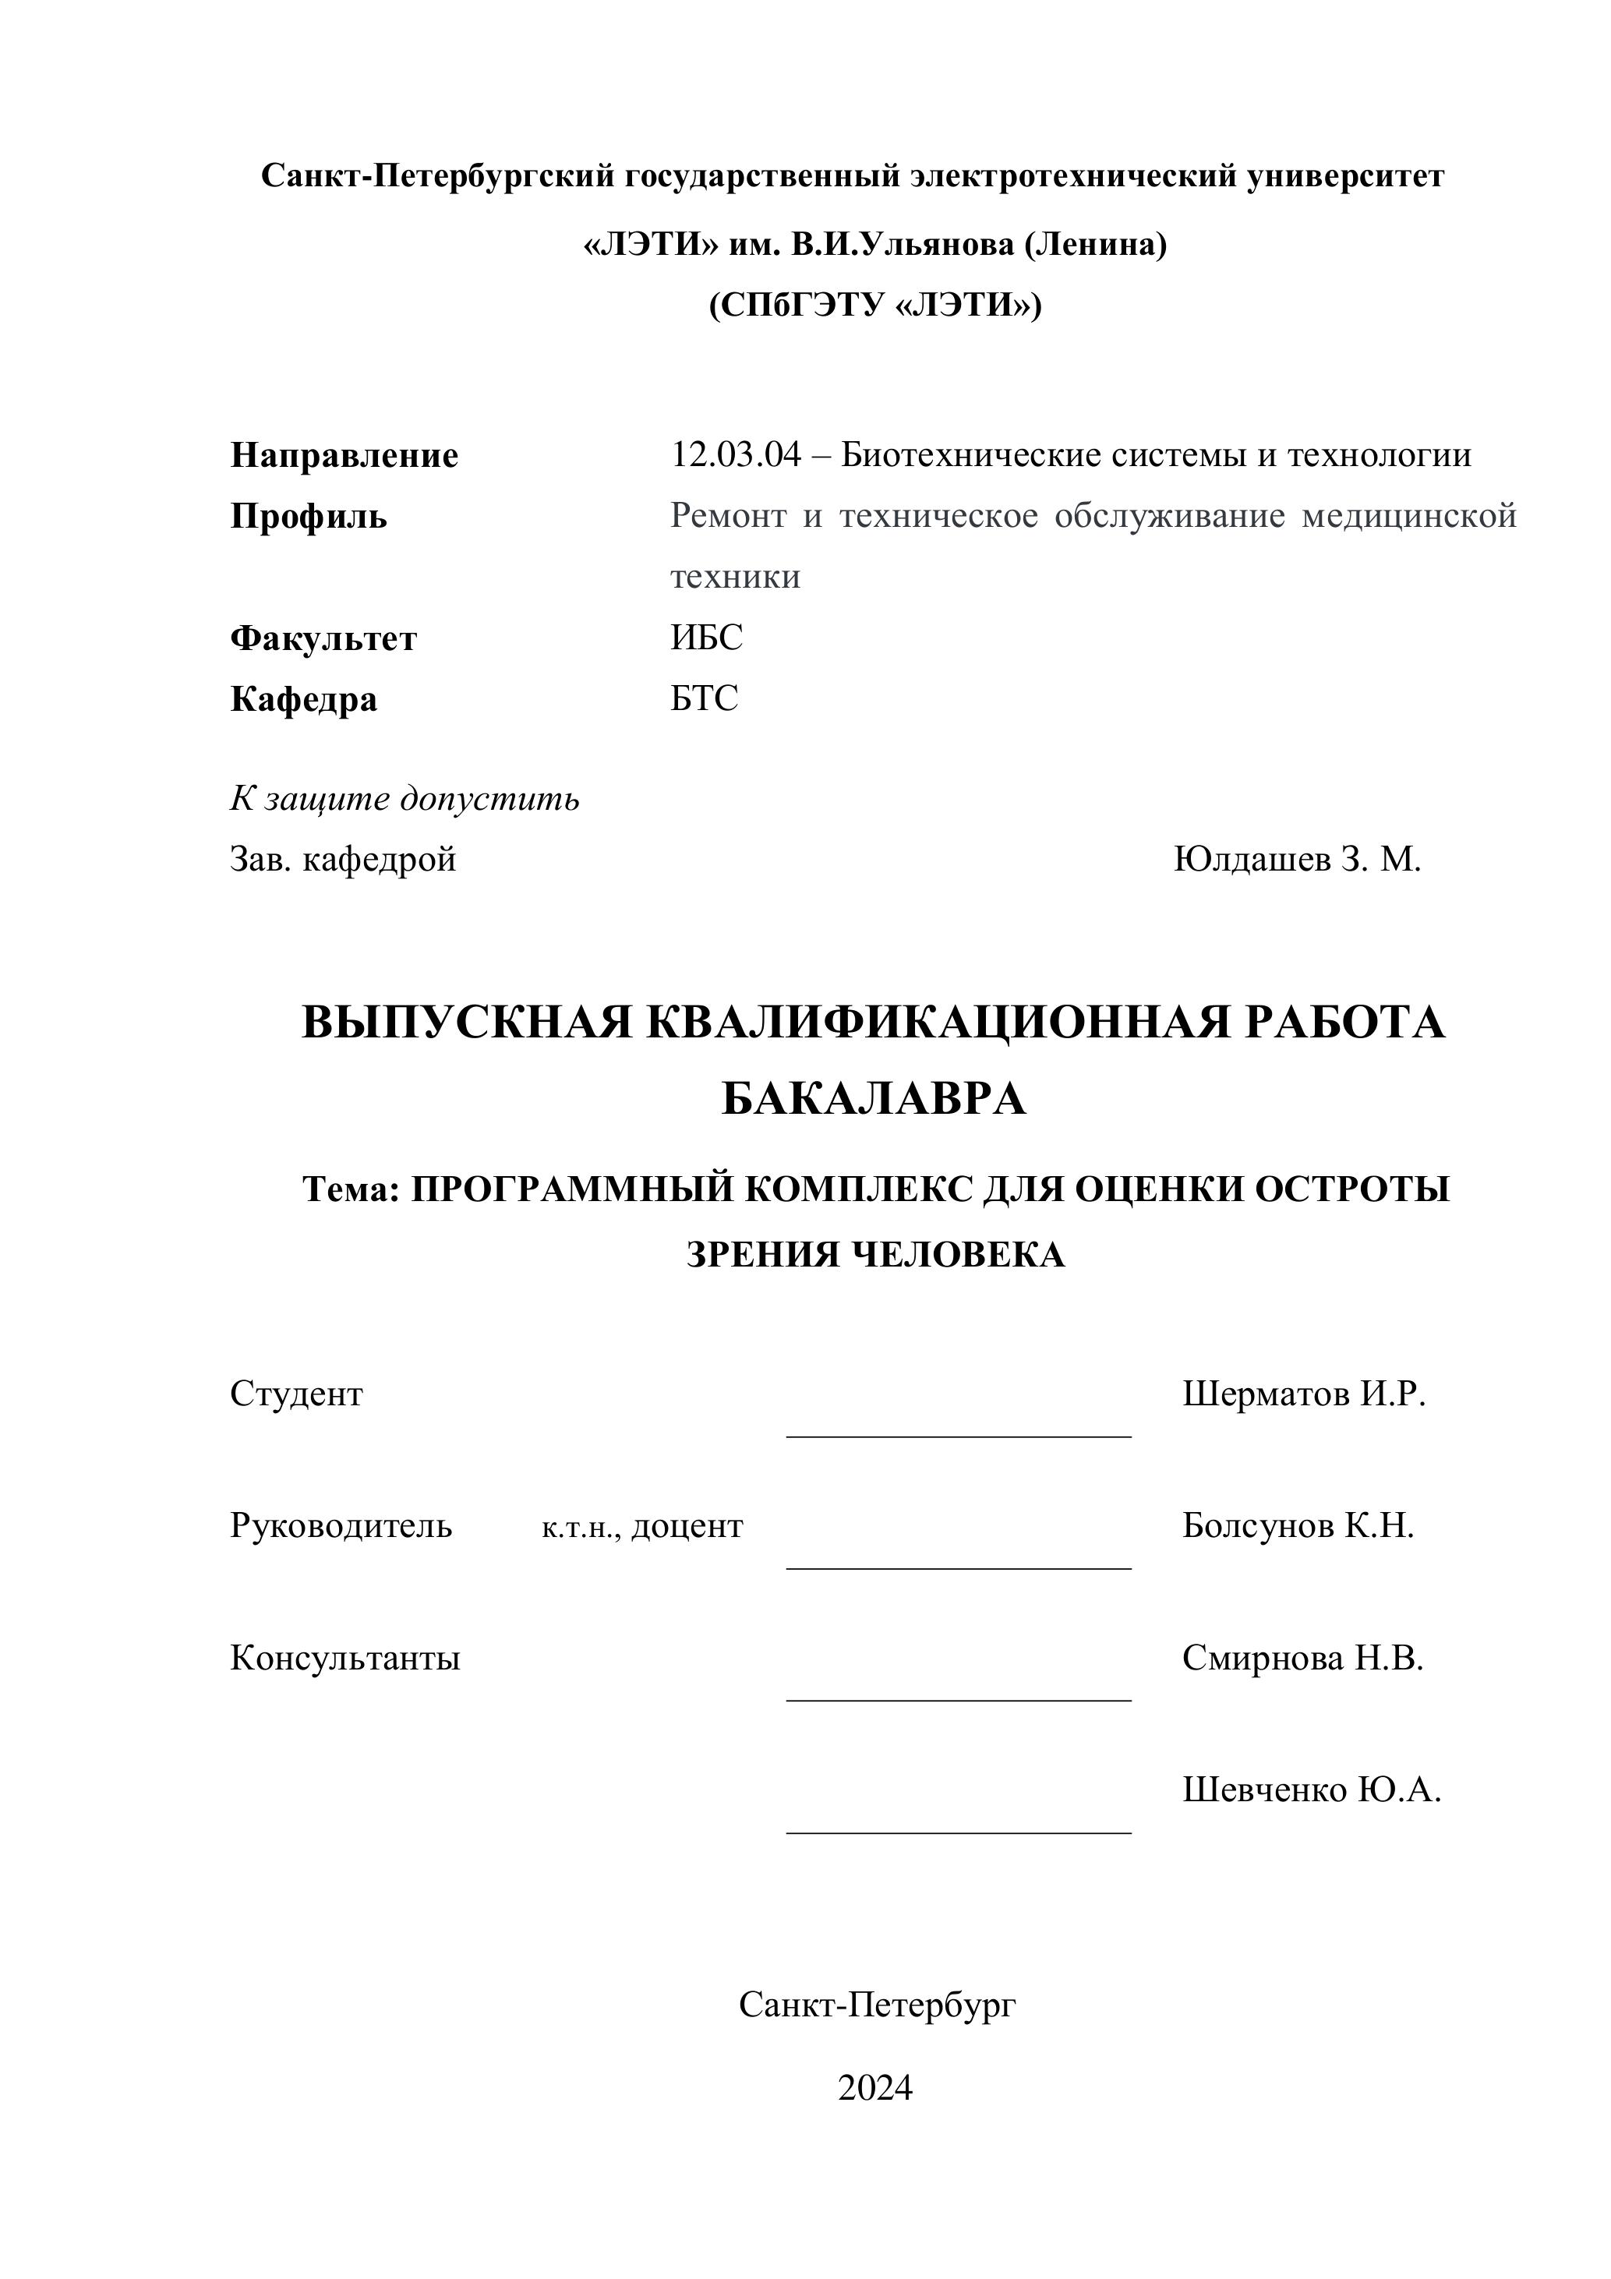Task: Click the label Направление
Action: point(344,456)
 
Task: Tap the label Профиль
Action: point(309,516)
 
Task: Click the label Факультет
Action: point(323,638)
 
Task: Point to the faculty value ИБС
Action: point(706,638)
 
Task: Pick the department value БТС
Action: point(704,699)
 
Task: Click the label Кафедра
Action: point(304,700)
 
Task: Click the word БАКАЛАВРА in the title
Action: point(874,1099)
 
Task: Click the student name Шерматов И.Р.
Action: point(1303,1394)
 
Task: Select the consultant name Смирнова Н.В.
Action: point(1302,1659)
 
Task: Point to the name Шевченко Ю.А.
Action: point(1311,1790)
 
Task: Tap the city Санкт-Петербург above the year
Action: point(877,2005)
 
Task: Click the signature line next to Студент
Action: point(958,1436)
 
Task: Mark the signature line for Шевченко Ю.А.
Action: point(958,1832)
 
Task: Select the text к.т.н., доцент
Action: point(642,1527)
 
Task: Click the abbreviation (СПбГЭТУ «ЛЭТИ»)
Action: point(874,305)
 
